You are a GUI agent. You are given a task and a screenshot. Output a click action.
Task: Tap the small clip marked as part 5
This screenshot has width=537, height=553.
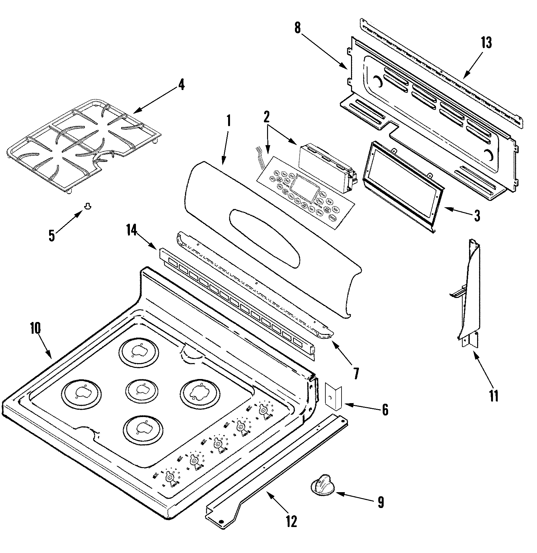87,207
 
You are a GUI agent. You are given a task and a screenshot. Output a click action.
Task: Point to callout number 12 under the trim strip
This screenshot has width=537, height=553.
291,521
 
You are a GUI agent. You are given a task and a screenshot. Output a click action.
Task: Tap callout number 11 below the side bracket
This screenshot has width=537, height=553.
494,396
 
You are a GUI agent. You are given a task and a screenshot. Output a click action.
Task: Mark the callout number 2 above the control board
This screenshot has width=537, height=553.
267,117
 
